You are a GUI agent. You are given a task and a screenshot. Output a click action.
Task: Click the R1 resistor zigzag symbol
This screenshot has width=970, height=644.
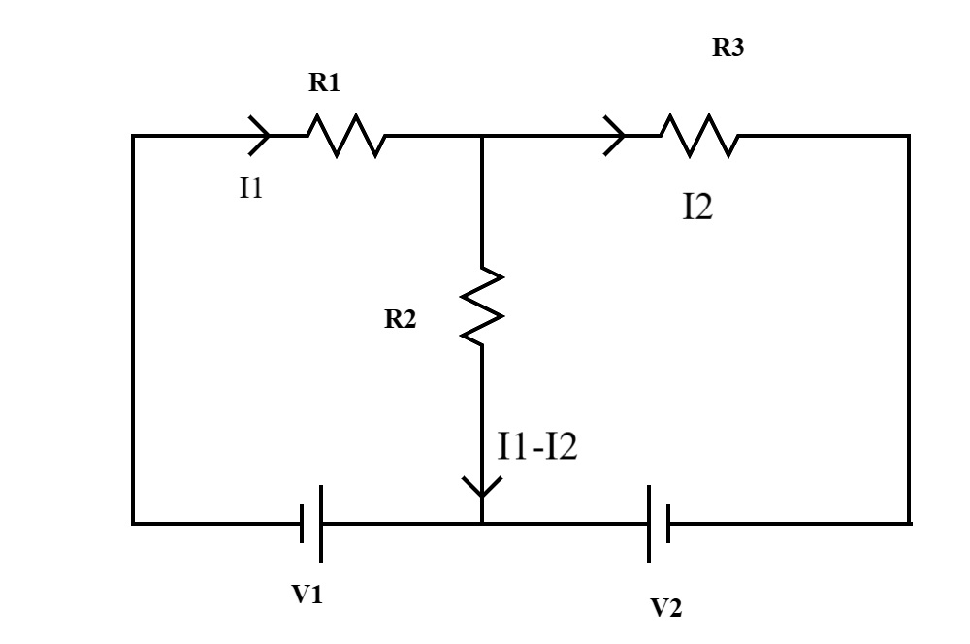pos(346,136)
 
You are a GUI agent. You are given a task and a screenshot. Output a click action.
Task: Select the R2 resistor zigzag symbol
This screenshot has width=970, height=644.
pos(482,307)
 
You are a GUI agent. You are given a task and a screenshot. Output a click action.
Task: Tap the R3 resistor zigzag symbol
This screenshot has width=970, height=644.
pos(699,136)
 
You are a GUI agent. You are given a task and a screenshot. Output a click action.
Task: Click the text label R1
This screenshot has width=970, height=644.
pos(325,83)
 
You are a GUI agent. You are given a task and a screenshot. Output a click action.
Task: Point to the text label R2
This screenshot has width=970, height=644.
pos(401,321)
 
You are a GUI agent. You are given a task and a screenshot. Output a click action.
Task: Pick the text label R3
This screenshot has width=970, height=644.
pos(728,49)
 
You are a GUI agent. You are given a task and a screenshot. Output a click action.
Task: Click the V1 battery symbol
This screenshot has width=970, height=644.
pos(310,524)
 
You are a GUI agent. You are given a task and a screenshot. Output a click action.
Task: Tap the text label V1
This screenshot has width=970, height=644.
pos(307,596)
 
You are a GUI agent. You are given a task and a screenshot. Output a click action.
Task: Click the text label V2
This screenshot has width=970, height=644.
pos(665,608)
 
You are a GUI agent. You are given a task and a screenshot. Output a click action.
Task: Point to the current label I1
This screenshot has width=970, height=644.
pos(251,188)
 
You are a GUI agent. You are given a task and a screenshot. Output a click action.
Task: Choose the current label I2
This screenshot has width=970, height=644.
pos(697,208)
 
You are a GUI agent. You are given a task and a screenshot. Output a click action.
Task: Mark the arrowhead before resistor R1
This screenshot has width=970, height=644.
pos(260,136)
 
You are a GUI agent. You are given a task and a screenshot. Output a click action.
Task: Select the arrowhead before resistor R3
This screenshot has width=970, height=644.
pos(614,136)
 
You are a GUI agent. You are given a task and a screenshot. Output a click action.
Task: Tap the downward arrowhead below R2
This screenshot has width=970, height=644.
pos(482,485)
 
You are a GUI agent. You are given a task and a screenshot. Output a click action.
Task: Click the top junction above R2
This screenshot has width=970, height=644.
pos(482,136)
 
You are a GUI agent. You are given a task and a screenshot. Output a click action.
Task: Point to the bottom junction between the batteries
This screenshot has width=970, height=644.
pos(482,524)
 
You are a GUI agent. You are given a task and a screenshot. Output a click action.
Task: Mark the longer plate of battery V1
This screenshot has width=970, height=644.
pos(320,524)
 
